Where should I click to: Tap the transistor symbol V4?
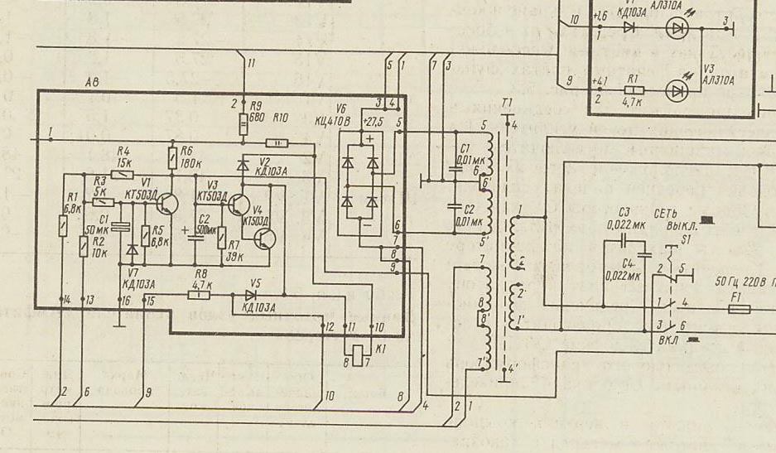[264, 239]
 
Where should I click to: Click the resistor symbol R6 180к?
[172, 157]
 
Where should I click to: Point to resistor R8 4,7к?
[200, 294]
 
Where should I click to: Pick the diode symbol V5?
[251, 294]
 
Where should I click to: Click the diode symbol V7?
[132, 249]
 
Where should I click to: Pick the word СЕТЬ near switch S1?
[667, 214]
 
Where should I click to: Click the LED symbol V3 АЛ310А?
[677, 88]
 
